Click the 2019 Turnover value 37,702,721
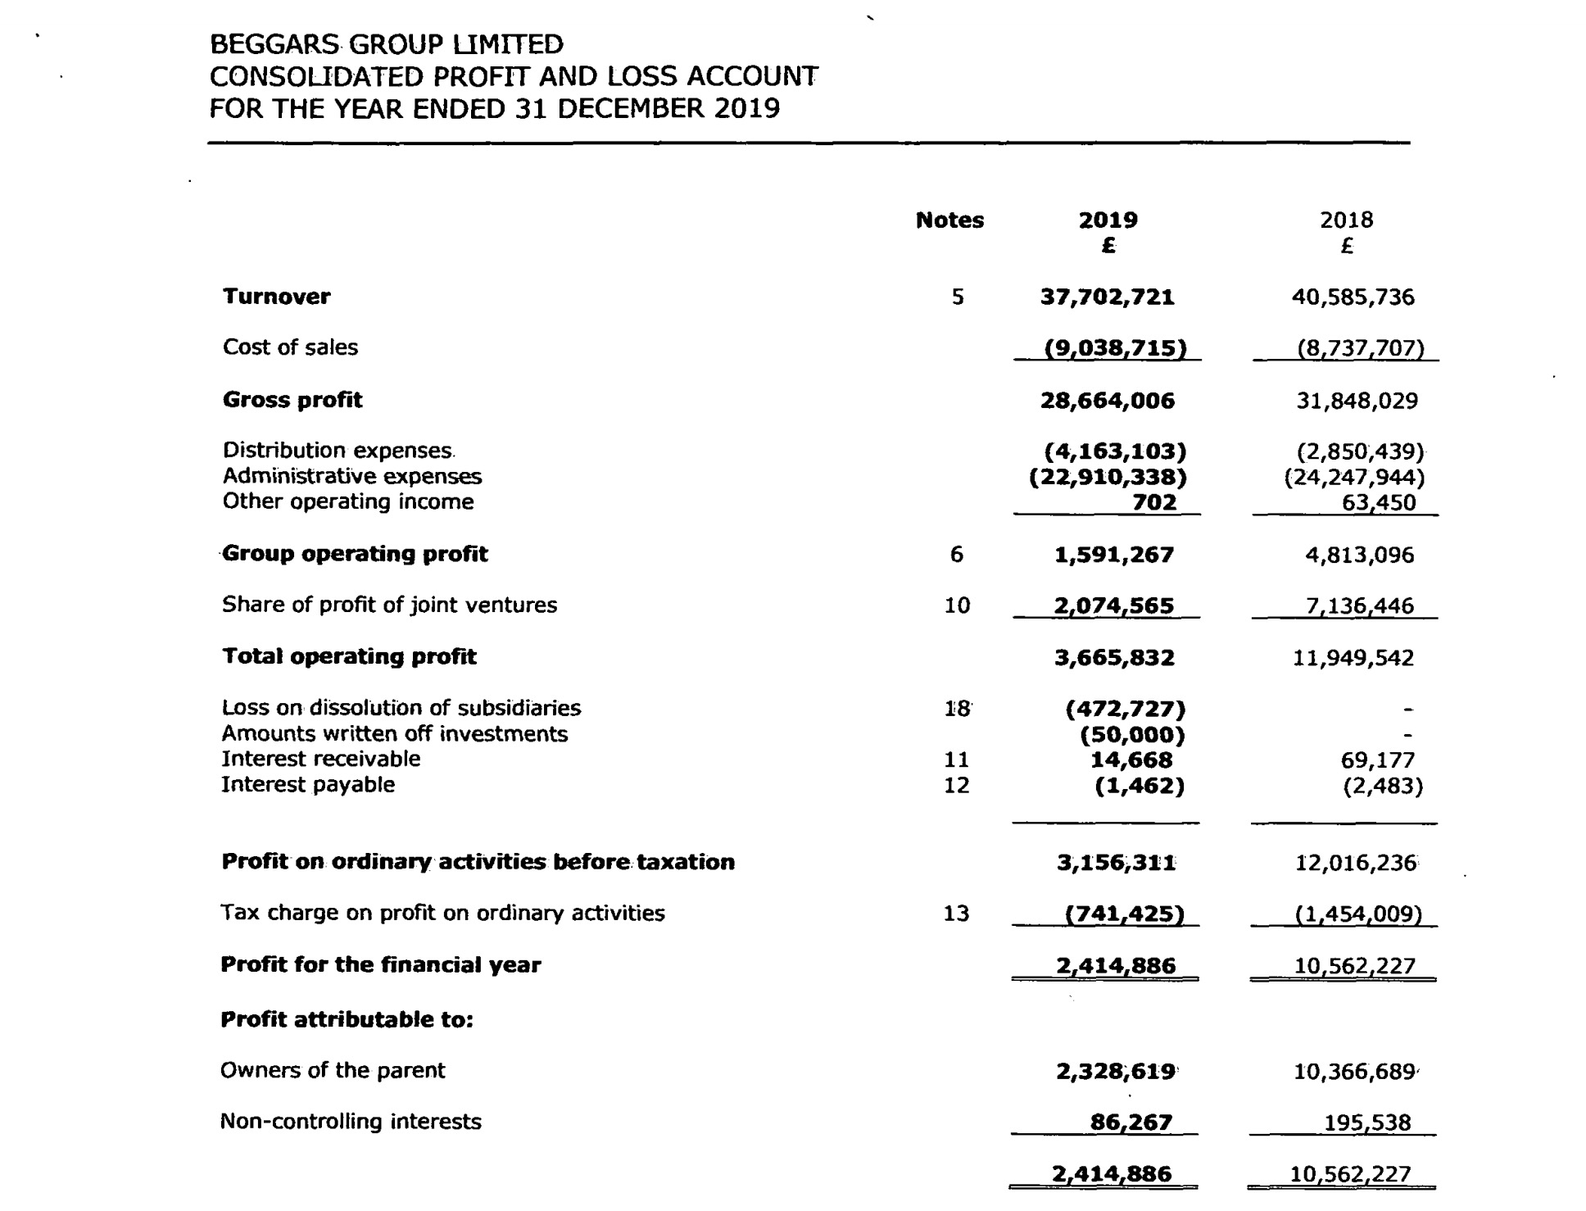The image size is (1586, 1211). coord(1107,297)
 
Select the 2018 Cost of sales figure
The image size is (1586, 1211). coord(1361,348)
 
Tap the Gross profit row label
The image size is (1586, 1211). coord(292,400)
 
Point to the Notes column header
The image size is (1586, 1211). coord(949,220)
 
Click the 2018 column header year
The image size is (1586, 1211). coord(1346,220)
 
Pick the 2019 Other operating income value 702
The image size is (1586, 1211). coord(1154,502)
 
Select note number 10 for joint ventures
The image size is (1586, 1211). coord(957,605)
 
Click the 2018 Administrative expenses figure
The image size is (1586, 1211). coord(1354,477)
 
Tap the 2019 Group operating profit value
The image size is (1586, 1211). coord(1113,555)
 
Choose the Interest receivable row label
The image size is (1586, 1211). coord(321,759)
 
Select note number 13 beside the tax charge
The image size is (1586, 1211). coord(956,914)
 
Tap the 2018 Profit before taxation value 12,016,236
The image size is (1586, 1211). coord(1356,863)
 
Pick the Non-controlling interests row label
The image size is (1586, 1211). coord(351,1121)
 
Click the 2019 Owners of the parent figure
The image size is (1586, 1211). coord(1116,1071)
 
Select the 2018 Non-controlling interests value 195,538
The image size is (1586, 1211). coord(1367,1123)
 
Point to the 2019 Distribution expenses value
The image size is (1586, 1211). coord(1115,451)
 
